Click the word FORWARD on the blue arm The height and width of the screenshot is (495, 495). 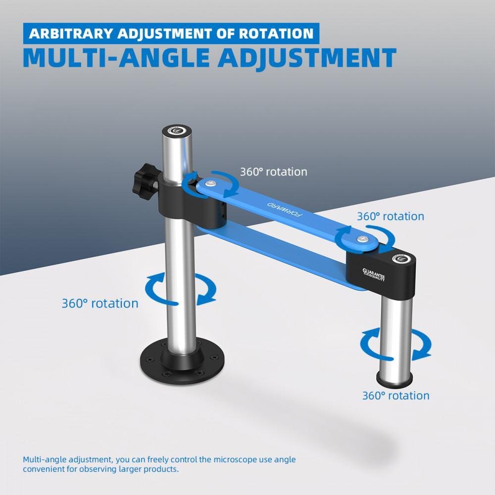coord(285,209)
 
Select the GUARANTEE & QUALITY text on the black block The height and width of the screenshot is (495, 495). coord(374,274)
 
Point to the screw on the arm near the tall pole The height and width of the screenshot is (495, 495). coord(210,183)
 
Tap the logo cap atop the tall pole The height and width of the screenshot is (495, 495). coord(177,130)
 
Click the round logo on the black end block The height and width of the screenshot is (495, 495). coord(400,259)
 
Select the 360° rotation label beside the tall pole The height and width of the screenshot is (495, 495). coord(100,303)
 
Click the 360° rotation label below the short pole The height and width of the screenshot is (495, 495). coord(396,396)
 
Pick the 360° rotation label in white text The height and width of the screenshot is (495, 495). coord(273,172)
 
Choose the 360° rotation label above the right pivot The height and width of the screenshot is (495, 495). coord(391,216)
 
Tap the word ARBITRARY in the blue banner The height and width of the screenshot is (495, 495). coord(71,34)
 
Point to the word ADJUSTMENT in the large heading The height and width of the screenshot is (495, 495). coord(307,58)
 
